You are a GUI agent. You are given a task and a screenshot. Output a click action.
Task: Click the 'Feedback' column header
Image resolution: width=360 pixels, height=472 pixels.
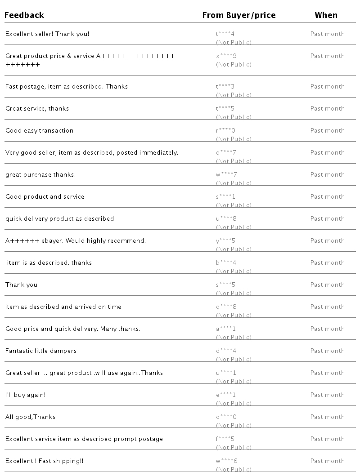24,15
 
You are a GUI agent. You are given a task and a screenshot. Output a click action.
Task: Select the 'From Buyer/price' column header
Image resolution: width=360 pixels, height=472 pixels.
238,15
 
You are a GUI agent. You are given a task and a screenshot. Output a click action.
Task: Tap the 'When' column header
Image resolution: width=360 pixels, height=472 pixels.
326,15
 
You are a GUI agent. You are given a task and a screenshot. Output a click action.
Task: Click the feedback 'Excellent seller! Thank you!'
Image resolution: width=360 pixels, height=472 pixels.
47,34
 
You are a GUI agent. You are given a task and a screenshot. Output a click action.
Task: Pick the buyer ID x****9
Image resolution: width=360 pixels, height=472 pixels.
226,56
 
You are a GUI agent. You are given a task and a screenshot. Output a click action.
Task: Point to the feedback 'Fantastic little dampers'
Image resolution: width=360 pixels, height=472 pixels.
41,351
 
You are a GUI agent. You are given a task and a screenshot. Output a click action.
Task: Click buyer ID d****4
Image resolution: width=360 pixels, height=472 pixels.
226,351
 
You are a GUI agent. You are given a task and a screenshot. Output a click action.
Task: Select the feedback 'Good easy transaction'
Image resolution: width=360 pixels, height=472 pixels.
39,130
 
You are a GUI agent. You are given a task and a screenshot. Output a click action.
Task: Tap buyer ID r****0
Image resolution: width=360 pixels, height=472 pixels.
226,130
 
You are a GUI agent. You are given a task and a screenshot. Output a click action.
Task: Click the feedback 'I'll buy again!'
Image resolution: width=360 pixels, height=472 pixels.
25,395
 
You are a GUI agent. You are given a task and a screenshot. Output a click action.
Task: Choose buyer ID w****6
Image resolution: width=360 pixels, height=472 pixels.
226,461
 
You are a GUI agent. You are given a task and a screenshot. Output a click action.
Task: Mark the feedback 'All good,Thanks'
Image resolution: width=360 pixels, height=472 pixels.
30,417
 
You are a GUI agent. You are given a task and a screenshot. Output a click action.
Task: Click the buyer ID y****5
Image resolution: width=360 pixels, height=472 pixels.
226,240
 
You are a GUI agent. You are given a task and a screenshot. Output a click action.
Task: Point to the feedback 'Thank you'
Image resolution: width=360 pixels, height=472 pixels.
21,285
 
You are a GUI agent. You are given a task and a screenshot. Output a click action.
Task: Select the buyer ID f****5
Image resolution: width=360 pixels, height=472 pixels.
225,439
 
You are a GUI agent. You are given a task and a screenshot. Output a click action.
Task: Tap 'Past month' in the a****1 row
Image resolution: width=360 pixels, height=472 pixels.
327,329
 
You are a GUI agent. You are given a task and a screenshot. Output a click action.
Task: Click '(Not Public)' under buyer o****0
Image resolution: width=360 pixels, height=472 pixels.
234,425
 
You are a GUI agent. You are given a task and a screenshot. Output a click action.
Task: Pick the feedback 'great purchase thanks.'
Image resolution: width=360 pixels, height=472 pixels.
40,174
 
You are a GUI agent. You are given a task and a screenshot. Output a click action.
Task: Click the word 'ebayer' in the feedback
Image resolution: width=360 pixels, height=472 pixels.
53,240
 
